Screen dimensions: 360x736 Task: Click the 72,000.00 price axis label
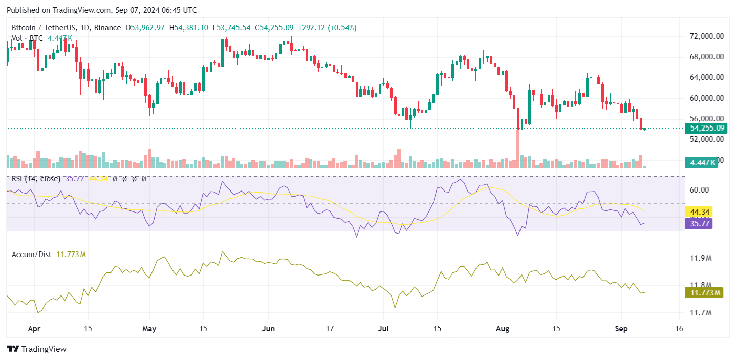point(706,36)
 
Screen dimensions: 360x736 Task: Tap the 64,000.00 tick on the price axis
point(706,77)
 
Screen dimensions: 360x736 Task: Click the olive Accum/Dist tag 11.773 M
point(703,293)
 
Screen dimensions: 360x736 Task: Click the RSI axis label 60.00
point(699,189)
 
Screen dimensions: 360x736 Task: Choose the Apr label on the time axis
point(34,328)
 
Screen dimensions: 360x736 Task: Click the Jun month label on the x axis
point(269,328)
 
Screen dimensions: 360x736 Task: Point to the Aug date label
point(503,328)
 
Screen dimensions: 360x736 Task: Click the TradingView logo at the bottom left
point(37,349)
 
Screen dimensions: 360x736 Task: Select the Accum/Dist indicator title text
point(31,254)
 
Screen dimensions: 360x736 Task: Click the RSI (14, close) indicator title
point(36,179)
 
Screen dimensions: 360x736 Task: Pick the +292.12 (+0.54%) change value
point(333,27)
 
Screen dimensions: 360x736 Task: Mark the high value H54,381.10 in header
point(189,27)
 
